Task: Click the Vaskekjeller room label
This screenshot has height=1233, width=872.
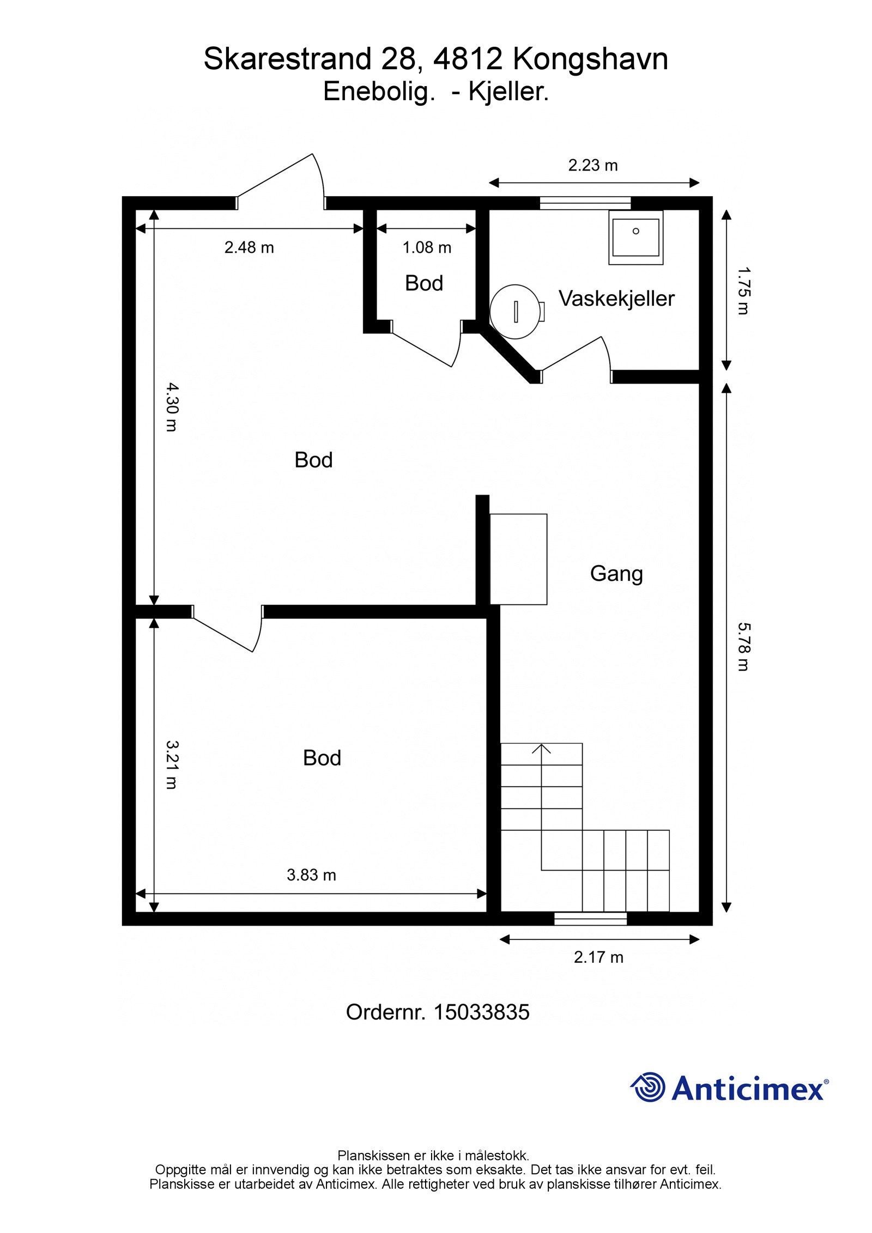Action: (616, 299)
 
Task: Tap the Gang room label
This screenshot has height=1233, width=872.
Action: (616, 574)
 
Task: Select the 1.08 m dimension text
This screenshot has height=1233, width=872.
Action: (427, 248)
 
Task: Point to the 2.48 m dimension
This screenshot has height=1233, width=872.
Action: (249, 248)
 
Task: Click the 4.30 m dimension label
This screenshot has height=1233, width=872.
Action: (172, 407)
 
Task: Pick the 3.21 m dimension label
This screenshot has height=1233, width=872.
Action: (172, 764)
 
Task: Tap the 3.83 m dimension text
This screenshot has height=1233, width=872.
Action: (311, 875)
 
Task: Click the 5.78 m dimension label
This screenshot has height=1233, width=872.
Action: (743, 647)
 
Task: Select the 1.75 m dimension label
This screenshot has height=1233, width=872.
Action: (743, 290)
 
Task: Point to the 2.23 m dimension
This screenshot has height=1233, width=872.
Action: (593, 165)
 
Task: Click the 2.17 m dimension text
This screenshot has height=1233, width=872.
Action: (598, 957)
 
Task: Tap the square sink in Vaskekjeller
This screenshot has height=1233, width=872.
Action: (635, 238)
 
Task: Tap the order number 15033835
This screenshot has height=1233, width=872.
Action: (481, 1013)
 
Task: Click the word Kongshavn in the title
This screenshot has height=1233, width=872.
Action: (590, 60)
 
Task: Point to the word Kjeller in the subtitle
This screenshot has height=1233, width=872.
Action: (508, 92)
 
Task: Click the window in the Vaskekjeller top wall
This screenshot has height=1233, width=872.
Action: (585, 203)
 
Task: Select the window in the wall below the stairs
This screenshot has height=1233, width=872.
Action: (590, 919)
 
